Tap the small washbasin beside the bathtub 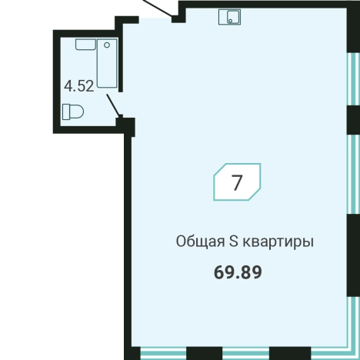(x=84, y=45)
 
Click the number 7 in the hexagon (x=237, y=183)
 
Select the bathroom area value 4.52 (x=79, y=85)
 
